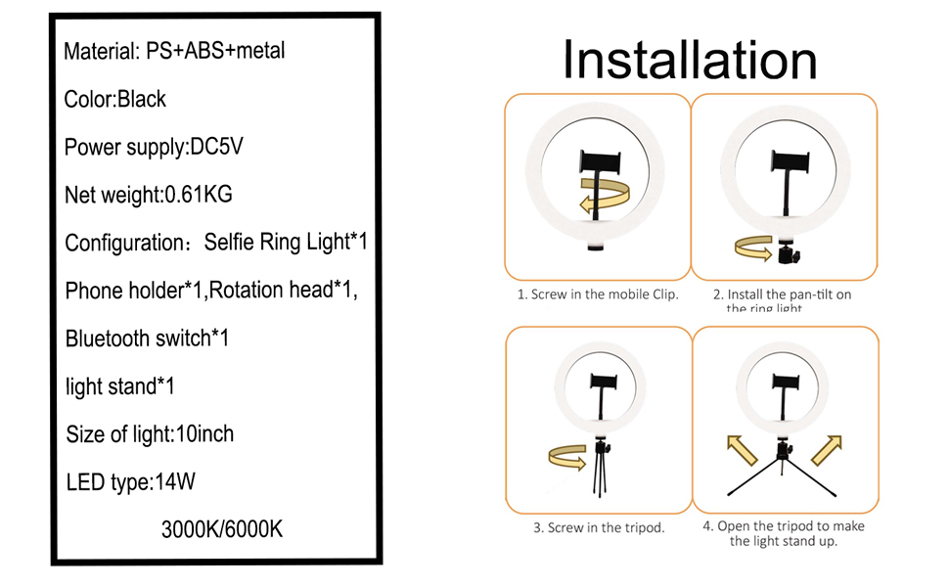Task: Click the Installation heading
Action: point(690,61)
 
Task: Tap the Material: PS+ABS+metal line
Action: point(175,51)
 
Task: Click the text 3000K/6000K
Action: point(222,530)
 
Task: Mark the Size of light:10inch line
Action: point(150,433)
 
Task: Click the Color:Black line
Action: point(115,100)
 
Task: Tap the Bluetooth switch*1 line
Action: point(147,339)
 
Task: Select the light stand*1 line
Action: point(120,386)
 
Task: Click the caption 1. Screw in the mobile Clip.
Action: point(598,293)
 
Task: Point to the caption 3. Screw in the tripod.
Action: point(599,527)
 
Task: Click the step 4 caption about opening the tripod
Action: point(785,533)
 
